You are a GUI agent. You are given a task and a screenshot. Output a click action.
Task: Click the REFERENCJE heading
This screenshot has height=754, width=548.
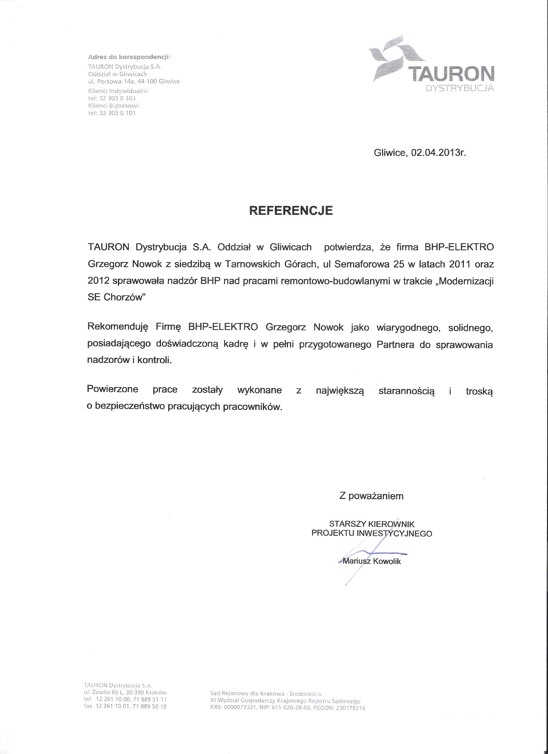[291, 211]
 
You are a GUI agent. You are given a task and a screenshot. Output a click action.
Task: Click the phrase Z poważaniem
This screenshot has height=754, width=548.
[371, 496]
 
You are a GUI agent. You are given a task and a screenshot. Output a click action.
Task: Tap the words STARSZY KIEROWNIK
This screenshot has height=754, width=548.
[372, 524]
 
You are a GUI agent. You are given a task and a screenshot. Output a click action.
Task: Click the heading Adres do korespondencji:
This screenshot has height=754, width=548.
[129, 57]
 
